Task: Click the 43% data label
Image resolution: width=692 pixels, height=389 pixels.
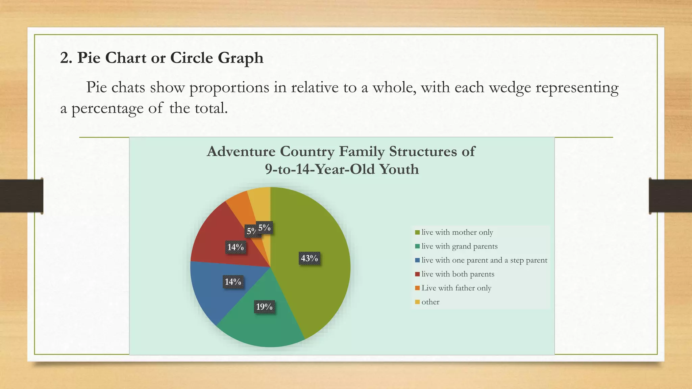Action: point(310,258)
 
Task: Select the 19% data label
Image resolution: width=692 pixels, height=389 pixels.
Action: point(264,307)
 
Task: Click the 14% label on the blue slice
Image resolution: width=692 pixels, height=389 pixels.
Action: point(233,282)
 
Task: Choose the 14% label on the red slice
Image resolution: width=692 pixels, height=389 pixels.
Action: point(236,247)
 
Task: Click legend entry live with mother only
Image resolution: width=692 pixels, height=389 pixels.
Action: point(457,232)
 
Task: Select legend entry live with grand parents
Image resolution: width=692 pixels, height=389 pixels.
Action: point(459,246)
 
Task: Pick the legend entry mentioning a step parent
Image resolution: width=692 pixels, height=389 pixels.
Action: point(484,260)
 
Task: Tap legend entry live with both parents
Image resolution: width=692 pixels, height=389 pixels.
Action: point(458,274)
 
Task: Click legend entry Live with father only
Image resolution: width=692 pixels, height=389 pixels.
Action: point(456,288)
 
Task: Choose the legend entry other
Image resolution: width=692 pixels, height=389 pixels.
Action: point(430,302)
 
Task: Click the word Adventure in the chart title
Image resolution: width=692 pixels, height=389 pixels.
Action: point(241,152)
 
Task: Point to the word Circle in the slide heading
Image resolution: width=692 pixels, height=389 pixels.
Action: point(192,58)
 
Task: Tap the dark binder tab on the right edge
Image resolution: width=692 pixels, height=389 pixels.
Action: point(670,196)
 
